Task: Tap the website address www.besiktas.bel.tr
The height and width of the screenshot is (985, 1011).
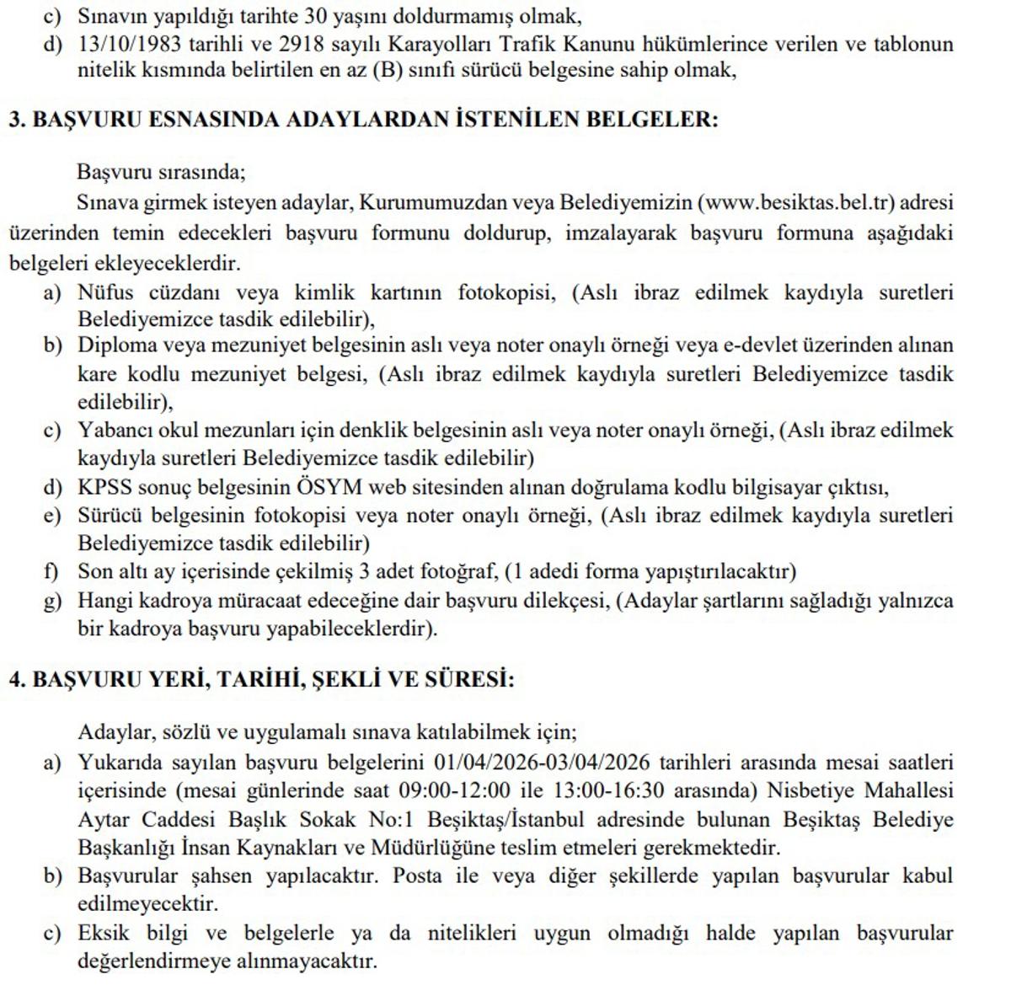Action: (798, 203)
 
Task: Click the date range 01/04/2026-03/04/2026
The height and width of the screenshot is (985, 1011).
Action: (543, 763)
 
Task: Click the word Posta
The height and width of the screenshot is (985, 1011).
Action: (417, 875)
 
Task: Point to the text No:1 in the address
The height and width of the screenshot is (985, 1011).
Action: (394, 819)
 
